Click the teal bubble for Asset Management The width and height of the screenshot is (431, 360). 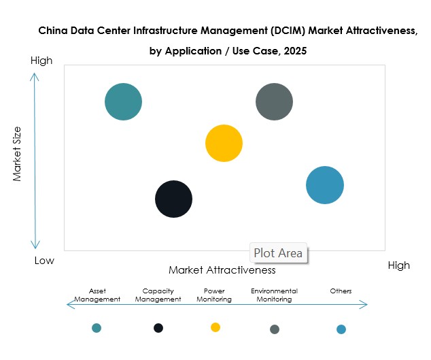tap(123, 102)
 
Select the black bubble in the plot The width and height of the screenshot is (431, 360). tap(174, 199)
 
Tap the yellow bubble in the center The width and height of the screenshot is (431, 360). tap(224, 143)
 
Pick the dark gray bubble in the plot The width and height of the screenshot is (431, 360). tap(274, 102)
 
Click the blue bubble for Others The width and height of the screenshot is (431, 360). tap(325, 184)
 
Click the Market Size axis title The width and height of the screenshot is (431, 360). tap(18, 154)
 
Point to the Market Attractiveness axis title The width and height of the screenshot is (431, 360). tap(222, 269)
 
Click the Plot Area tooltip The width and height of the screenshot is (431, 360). tap(278, 253)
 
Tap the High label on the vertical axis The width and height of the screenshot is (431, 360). tap(41, 61)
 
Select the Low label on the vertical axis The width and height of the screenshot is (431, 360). tap(44, 261)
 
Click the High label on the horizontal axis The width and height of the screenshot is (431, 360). tap(398, 265)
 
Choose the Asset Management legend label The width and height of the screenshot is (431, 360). tap(97, 295)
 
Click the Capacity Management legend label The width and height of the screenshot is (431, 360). tap(158, 295)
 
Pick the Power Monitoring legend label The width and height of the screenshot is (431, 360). tap(213, 295)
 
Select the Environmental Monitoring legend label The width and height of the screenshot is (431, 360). tap(274, 295)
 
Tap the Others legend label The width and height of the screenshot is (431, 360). tap(341, 291)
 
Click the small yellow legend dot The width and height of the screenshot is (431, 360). tap(215, 327)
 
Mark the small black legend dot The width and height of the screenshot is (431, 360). tap(158, 328)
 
